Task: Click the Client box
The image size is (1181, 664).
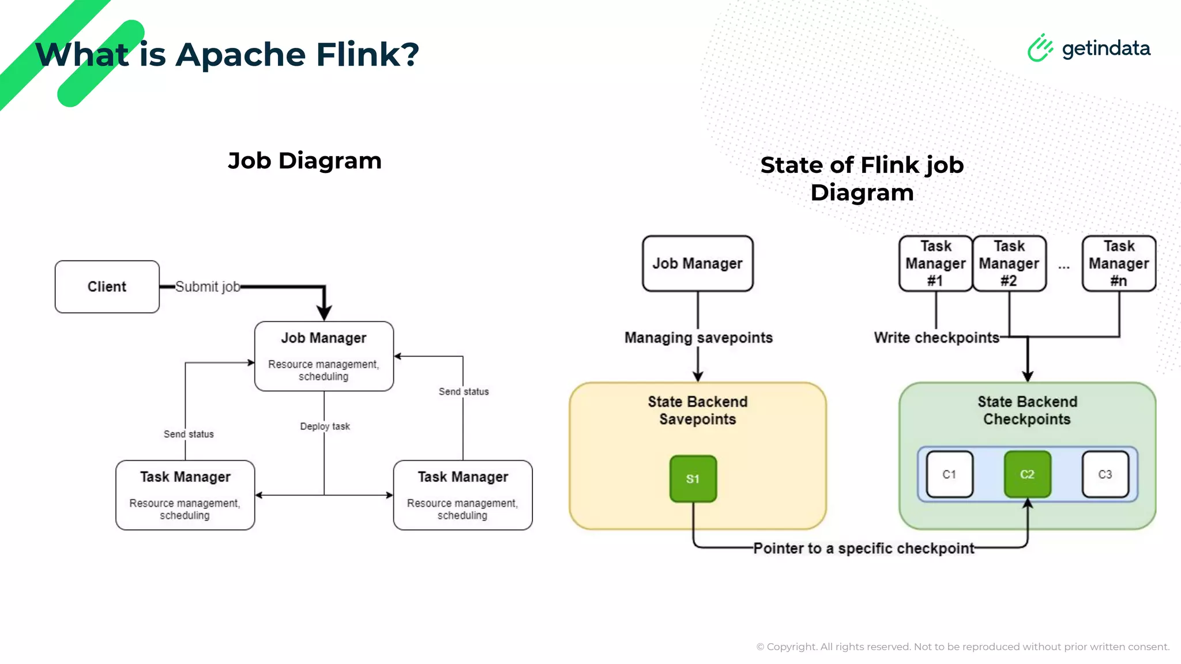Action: pyautogui.click(x=107, y=286)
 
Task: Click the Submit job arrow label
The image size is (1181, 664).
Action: pyautogui.click(x=208, y=286)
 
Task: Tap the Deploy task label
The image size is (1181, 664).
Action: pyautogui.click(x=325, y=426)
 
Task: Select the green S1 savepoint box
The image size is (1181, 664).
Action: pyautogui.click(x=693, y=478)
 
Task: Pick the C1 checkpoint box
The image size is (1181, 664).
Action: pyautogui.click(x=949, y=474)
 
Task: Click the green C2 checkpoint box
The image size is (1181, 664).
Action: pyautogui.click(x=1027, y=474)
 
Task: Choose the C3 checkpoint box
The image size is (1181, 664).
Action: pyautogui.click(x=1105, y=474)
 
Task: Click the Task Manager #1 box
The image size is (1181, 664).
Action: pyautogui.click(x=935, y=263)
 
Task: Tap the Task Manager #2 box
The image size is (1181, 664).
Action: pyautogui.click(x=1009, y=263)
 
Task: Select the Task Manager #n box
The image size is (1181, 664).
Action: pyautogui.click(x=1119, y=263)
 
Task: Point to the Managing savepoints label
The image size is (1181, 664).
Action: pyautogui.click(x=698, y=337)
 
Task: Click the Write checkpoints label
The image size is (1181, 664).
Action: pyautogui.click(x=936, y=337)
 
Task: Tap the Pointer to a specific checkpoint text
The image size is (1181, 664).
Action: pyautogui.click(x=863, y=548)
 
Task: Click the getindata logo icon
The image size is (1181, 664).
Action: pyautogui.click(x=1040, y=48)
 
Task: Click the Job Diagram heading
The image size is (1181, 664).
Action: pyautogui.click(x=304, y=160)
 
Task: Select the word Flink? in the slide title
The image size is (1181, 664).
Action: pyautogui.click(x=367, y=54)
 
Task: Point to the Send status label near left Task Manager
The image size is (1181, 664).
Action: pyautogui.click(x=189, y=434)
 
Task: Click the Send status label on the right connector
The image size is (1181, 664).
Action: pyautogui.click(x=464, y=391)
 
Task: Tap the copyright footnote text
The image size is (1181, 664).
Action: pyautogui.click(x=962, y=647)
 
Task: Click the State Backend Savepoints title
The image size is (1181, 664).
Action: pyautogui.click(x=697, y=410)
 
